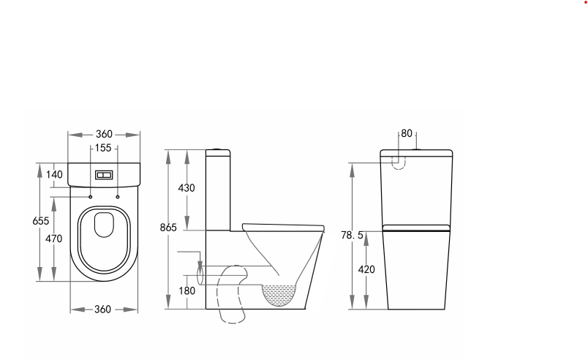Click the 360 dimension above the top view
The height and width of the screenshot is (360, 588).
click(x=104, y=135)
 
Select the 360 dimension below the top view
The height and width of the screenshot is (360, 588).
click(x=103, y=310)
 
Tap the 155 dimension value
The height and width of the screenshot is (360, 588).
click(x=103, y=149)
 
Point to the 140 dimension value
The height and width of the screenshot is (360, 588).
click(x=54, y=174)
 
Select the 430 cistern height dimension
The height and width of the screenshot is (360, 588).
click(x=187, y=188)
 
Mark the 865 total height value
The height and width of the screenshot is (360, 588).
click(x=169, y=228)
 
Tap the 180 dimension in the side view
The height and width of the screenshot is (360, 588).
click(x=186, y=290)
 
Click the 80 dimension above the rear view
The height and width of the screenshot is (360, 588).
click(x=407, y=134)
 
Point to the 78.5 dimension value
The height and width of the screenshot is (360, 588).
click(x=353, y=235)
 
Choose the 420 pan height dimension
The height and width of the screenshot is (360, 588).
click(x=367, y=269)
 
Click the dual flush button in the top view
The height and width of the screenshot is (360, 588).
click(x=103, y=176)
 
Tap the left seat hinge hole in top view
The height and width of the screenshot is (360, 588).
click(x=90, y=196)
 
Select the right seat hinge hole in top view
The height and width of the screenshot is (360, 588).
click(x=117, y=196)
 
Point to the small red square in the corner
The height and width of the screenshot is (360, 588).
click(x=584, y=3)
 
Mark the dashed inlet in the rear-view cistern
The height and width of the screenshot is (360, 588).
click(x=399, y=161)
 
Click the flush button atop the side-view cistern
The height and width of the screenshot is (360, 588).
click(x=218, y=150)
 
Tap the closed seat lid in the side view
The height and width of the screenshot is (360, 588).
click(x=282, y=225)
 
